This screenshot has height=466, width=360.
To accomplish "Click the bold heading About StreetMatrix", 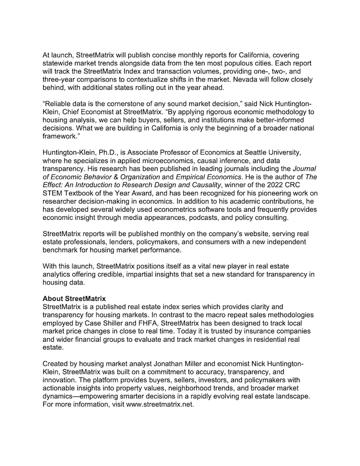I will tap(74, 299).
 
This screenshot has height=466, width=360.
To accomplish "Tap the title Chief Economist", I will tap(69, 109).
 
